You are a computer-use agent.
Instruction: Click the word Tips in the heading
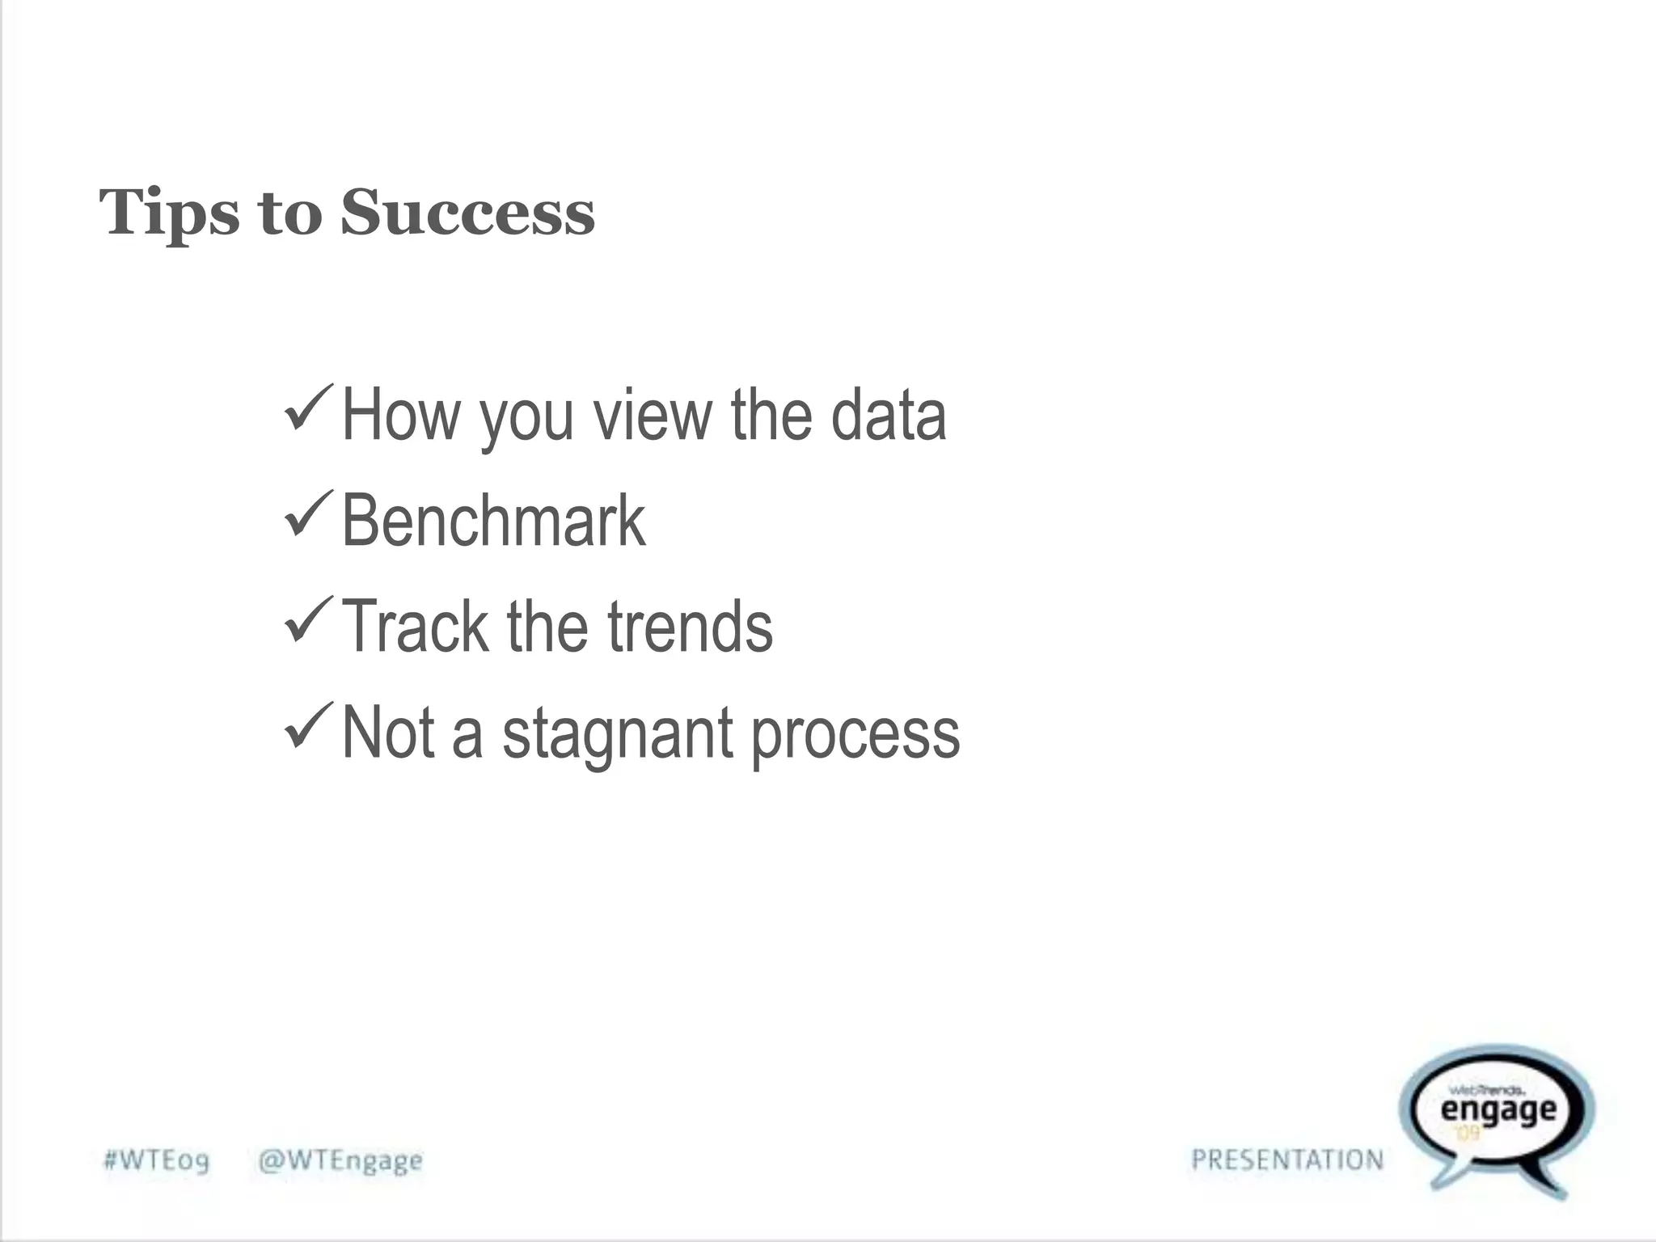pos(169,213)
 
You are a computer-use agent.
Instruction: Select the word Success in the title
pos(467,212)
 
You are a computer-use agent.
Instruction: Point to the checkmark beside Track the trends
pos(308,620)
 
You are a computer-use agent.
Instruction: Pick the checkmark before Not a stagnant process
pos(308,725)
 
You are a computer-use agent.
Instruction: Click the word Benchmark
pos(493,521)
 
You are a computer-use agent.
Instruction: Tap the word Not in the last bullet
pos(388,733)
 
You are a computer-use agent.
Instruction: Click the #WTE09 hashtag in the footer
pos(156,1160)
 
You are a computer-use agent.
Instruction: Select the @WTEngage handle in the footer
pos(340,1160)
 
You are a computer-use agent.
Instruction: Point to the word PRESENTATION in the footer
pos(1287,1160)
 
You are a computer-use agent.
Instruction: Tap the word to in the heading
pos(289,213)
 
